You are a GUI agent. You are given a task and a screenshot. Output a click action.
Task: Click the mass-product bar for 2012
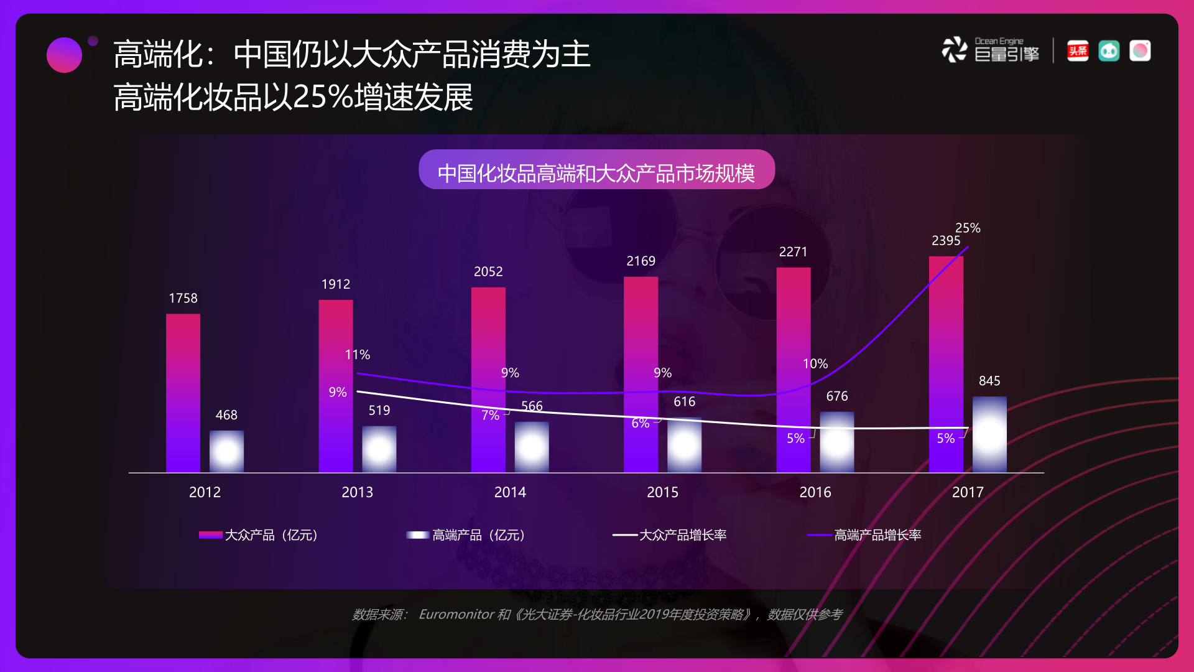point(183,393)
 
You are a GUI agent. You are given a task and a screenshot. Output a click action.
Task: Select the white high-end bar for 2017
point(989,434)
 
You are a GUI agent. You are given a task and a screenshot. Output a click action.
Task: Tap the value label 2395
point(945,241)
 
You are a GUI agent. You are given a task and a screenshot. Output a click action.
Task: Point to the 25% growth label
point(968,228)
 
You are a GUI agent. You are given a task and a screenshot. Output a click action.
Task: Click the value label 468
point(226,415)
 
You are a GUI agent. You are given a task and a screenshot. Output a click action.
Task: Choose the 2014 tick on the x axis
point(510,492)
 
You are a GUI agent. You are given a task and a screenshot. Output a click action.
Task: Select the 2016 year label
point(815,492)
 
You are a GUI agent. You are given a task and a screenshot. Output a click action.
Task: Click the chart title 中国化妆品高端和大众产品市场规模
point(596,172)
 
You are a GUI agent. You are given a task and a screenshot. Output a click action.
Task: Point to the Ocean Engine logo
point(990,50)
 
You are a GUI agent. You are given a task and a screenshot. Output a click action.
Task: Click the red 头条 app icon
point(1078,50)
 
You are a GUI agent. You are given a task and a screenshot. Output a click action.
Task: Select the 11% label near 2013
point(358,355)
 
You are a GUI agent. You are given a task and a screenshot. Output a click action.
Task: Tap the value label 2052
point(488,272)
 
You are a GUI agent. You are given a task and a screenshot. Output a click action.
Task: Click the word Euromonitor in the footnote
point(456,615)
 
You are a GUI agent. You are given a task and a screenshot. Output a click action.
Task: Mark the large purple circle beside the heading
point(64,55)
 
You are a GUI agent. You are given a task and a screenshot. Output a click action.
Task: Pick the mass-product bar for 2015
point(641,374)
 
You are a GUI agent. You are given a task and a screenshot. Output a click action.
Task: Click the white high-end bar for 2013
point(379,449)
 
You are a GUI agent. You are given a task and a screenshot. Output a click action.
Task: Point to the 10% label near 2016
point(815,363)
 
